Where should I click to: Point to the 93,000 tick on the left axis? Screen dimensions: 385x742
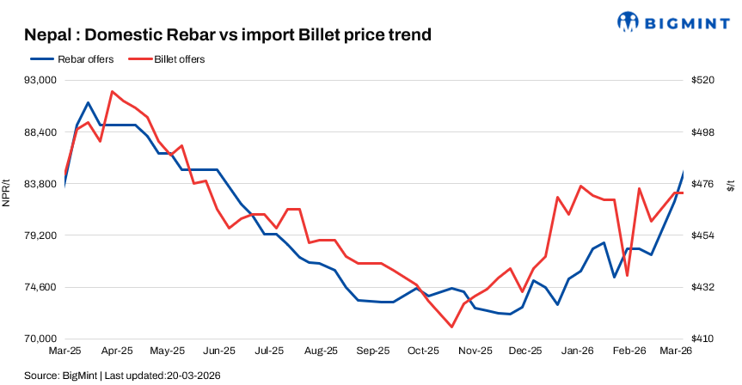[x=38, y=80]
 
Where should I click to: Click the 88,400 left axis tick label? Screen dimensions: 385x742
[x=38, y=132]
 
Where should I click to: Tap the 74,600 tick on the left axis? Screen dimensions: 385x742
[x=38, y=287]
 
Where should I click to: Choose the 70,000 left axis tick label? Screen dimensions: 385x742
[x=38, y=339]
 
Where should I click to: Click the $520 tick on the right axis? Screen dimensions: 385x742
[x=703, y=80]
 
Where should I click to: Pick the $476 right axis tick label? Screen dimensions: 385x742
[x=703, y=184]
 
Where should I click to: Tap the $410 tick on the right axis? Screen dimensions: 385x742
[x=703, y=339]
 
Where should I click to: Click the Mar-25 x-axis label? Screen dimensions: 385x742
[x=64, y=351]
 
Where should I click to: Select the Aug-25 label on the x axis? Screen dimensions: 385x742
[x=321, y=351]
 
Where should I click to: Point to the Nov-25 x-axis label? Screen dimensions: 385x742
[x=475, y=351]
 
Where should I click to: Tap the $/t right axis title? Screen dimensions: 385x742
[x=731, y=186]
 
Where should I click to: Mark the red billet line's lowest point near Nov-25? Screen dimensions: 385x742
[x=451, y=327]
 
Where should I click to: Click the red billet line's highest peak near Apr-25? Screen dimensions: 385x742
[x=112, y=91]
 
